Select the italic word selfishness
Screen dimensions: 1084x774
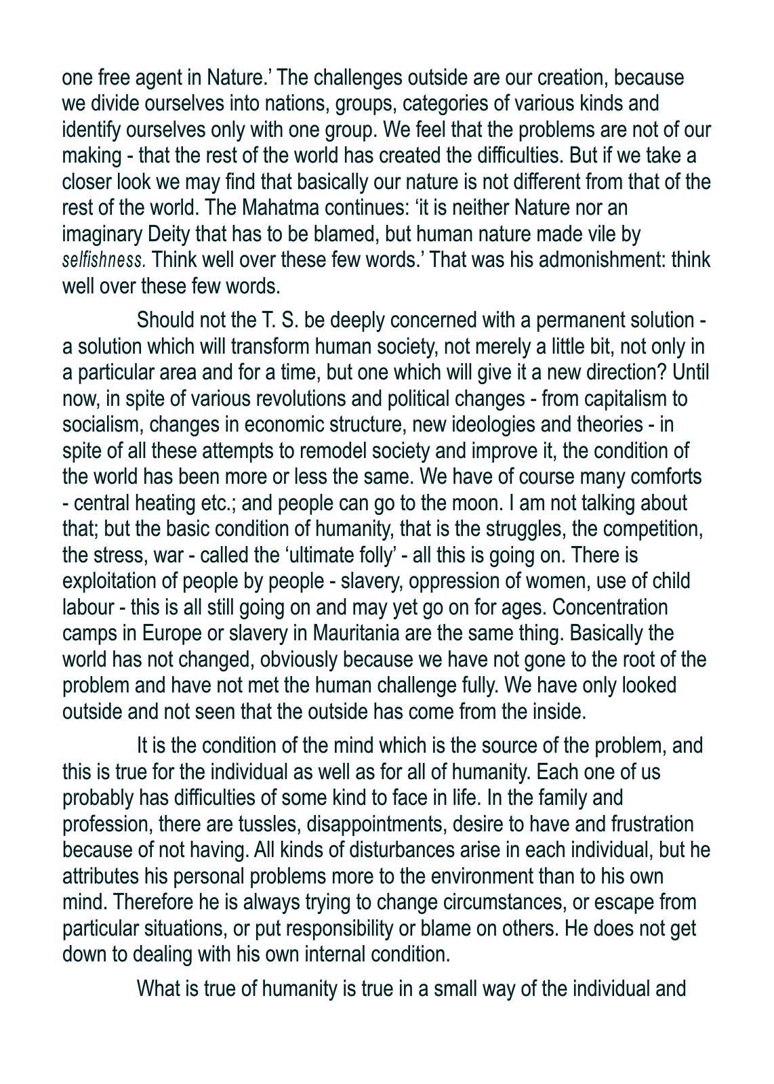coord(104,260)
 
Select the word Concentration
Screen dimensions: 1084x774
coord(610,607)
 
